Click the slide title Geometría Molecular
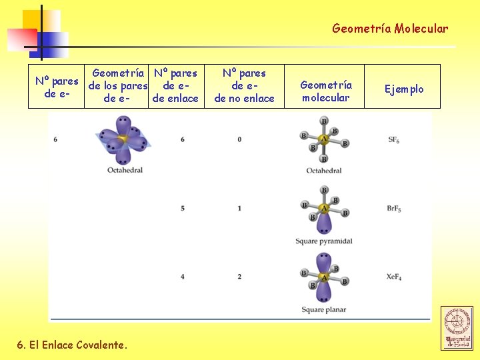tap(390, 29)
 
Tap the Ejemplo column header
tap(403, 89)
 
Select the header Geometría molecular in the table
tap(326, 91)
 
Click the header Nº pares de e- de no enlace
tap(244, 86)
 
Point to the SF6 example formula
tap(394, 139)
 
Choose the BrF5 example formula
tap(394, 209)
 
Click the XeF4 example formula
tap(394, 277)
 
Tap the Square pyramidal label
tap(324, 241)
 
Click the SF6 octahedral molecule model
tap(324, 139)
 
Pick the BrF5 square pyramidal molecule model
tap(324, 209)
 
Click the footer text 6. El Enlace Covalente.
tap(71, 345)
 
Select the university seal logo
tap(457, 327)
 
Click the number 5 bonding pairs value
tap(183, 209)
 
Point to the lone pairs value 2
tap(239, 277)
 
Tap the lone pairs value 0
tap(239, 139)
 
